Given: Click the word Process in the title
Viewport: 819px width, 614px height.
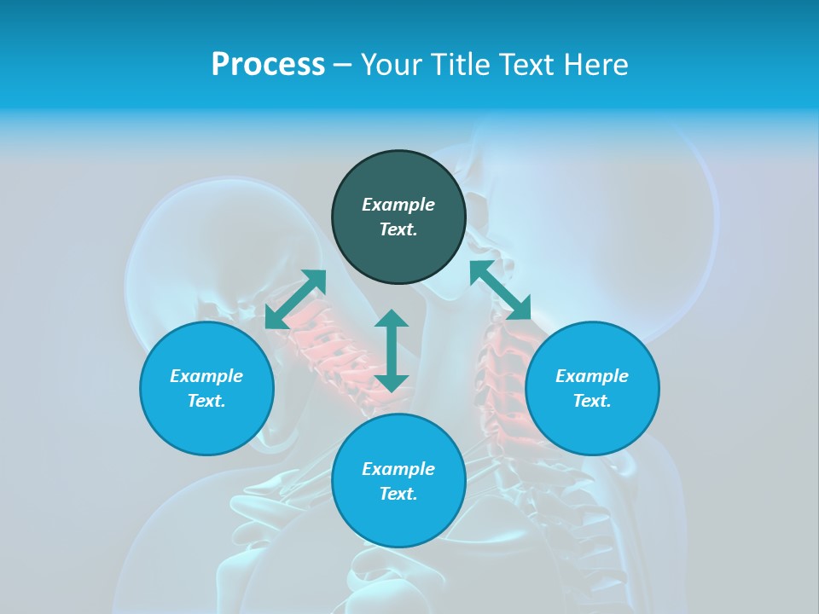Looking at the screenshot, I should pyautogui.click(x=268, y=65).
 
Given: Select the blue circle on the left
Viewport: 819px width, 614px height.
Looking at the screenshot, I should pyautogui.click(x=206, y=426).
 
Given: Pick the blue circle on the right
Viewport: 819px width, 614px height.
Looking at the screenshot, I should pyautogui.click(x=592, y=426).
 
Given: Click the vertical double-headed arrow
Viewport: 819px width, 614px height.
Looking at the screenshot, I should pyautogui.click(x=392, y=350).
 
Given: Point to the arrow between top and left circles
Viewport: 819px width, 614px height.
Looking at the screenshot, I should pyautogui.click(x=296, y=299).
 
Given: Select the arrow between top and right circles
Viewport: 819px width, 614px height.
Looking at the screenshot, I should pyautogui.click(x=500, y=290).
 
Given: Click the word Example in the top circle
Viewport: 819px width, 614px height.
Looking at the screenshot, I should pyautogui.click(x=398, y=205).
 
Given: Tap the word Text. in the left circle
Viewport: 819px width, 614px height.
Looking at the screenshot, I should pyautogui.click(x=206, y=401).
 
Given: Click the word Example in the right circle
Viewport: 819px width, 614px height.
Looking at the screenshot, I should pyautogui.click(x=592, y=376).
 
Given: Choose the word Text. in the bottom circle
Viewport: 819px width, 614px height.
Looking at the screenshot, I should pyautogui.click(x=398, y=494).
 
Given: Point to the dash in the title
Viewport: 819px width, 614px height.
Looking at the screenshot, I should pyautogui.click(x=342, y=66).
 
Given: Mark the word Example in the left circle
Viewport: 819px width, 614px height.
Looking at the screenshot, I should pyautogui.click(x=206, y=376).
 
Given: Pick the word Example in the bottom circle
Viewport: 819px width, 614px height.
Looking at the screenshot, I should pyautogui.click(x=398, y=469).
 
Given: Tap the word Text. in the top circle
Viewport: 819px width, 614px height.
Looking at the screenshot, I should pyautogui.click(x=398, y=229).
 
